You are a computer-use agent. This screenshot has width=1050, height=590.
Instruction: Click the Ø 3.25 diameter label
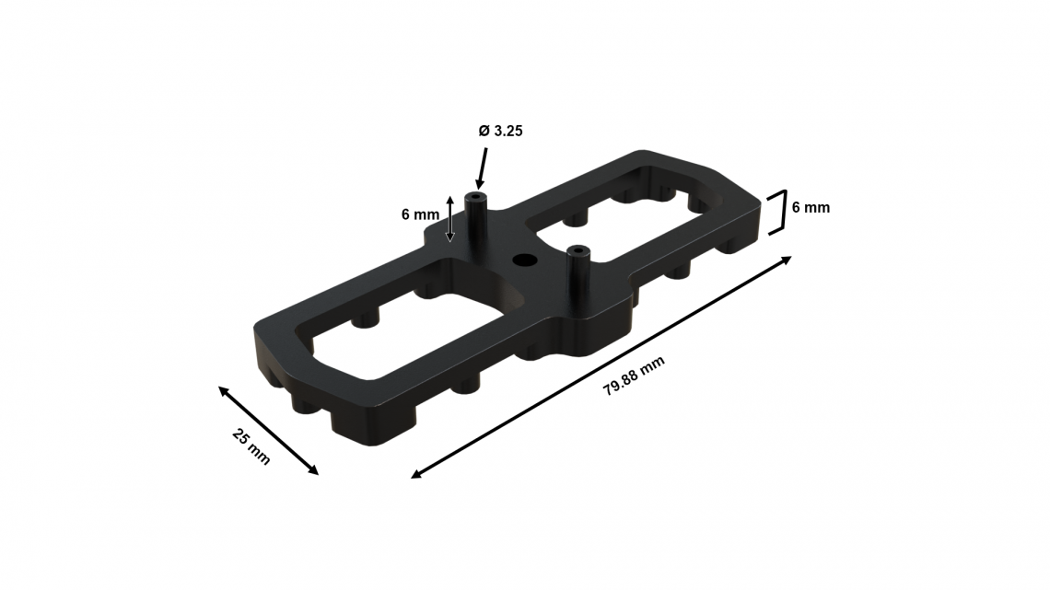coord(500,131)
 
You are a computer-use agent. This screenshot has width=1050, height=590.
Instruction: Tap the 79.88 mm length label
coord(635,376)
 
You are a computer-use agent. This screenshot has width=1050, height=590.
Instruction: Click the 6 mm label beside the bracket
coord(811,207)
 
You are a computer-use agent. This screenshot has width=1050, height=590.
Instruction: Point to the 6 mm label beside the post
coord(421,214)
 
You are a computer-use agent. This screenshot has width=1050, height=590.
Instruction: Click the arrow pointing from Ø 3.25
coord(482,168)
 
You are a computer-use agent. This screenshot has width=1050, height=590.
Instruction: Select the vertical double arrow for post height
coord(450,219)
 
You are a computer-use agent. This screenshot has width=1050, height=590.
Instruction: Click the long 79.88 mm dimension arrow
coord(601,367)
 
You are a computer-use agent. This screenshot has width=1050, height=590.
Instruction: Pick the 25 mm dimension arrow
coord(269,431)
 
